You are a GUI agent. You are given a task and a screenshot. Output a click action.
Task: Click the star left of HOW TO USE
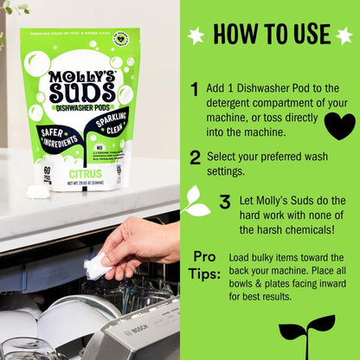click(x=196, y=35)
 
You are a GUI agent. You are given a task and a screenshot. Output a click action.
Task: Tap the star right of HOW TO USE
click(x=344, y=35)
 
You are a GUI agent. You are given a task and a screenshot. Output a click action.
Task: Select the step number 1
click(x=196, y=89)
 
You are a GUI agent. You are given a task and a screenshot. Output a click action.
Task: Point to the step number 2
click(x=196, y=157)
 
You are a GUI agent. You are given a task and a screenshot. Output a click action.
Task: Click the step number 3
click(x=224, y=202)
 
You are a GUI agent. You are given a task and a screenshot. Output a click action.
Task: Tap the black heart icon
click(x=339, y=125)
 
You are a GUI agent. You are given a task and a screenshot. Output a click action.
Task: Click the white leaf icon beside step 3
click(x=196, y=202)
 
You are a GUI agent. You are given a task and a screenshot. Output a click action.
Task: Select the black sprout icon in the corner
click(x=307, y=337)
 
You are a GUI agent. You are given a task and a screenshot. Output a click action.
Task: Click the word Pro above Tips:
click(x=203, y=257)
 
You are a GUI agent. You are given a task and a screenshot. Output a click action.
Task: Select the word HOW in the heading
click(x=232, y=35)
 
